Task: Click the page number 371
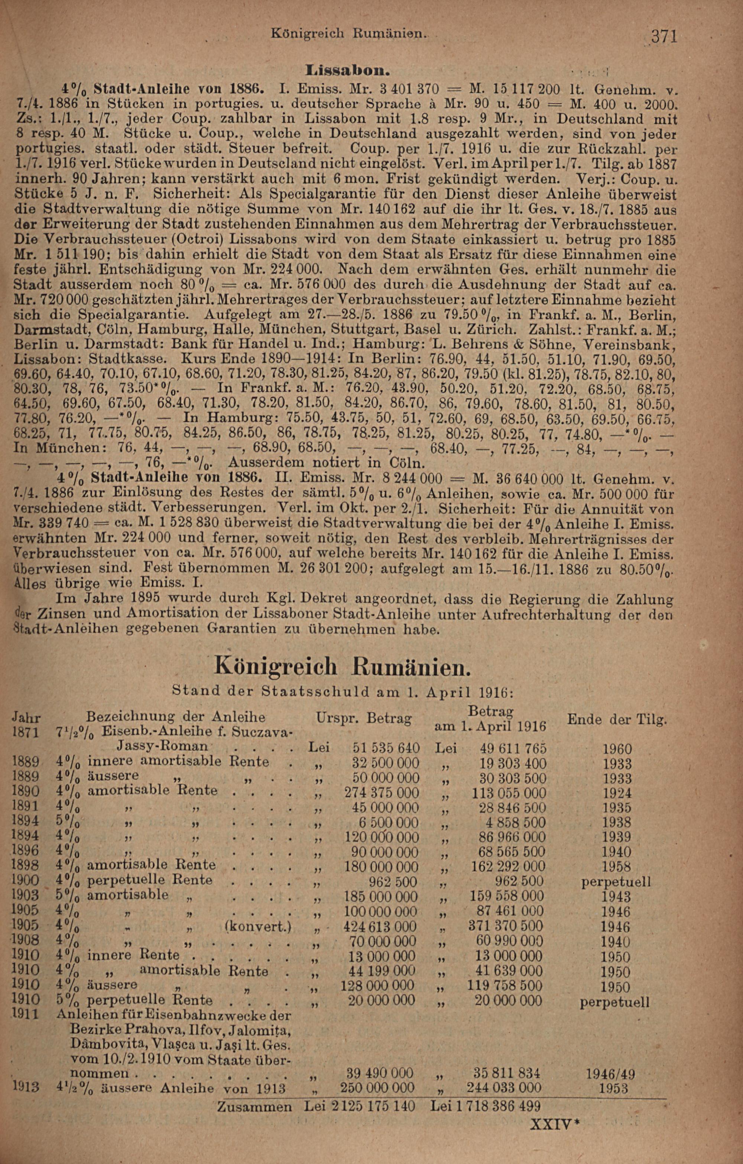[x=663, y=37]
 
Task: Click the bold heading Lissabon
[x=348, y=71]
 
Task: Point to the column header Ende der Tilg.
[x=617, y=719]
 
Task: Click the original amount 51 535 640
[x=386, y=748]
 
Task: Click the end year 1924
[x=617, y=794]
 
